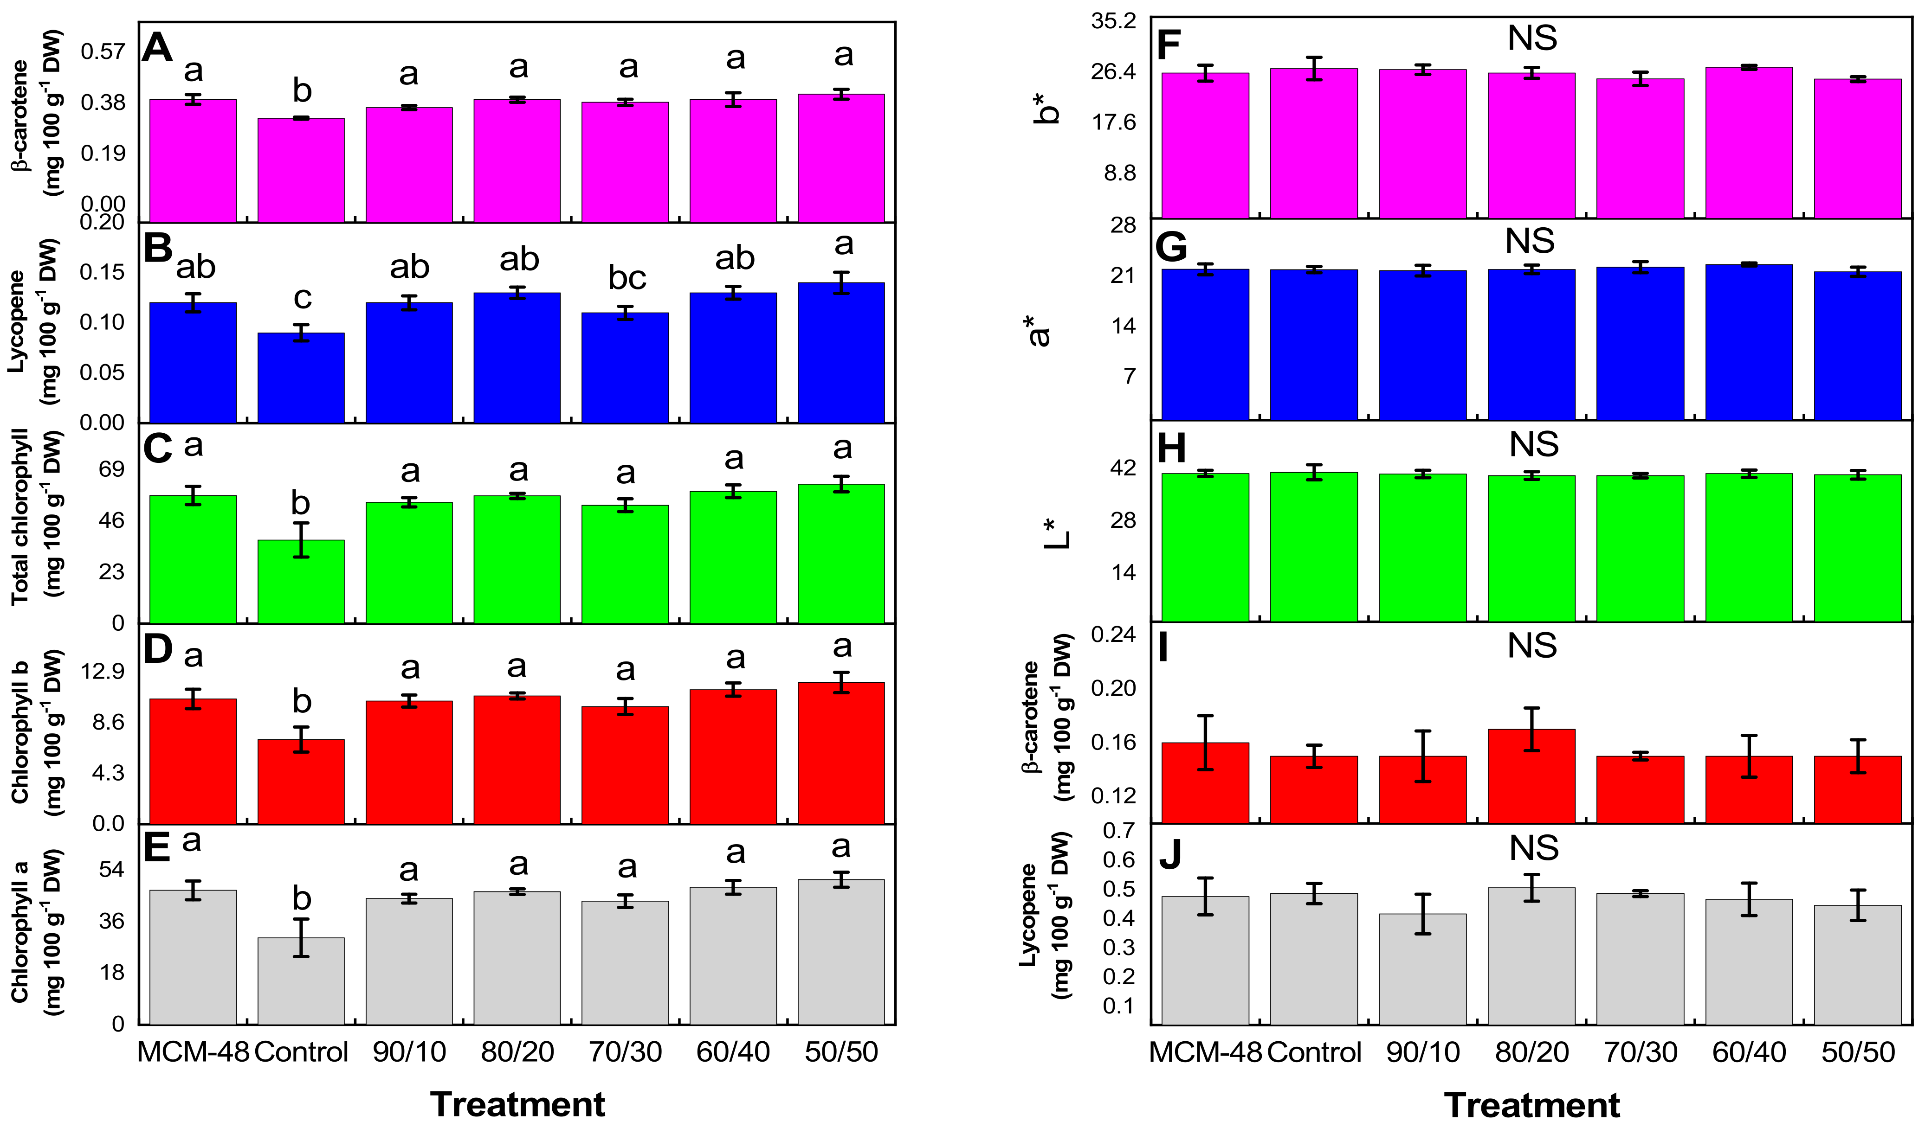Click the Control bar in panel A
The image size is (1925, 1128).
pyautogui.click(x=301, y=170)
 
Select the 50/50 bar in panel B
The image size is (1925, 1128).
pyautogui.click(x=841, y=353)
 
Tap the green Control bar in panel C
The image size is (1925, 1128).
pyautogui.click(x=301, y=582)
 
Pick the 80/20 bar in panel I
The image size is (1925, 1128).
pyautogui.click(x=1531, y=776)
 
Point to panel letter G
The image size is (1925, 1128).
pyautogui.click(x=1173, y=247)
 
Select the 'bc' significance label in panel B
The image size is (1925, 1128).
pyautogui.click(x=627, y=278)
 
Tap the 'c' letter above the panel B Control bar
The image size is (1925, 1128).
pyautogui.click(x=303, y=299)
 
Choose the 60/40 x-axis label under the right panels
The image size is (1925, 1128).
pyautogui.click(x=1749, y=1052)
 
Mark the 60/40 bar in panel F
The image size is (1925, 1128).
pyautogui.click(x=1749, y=143)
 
